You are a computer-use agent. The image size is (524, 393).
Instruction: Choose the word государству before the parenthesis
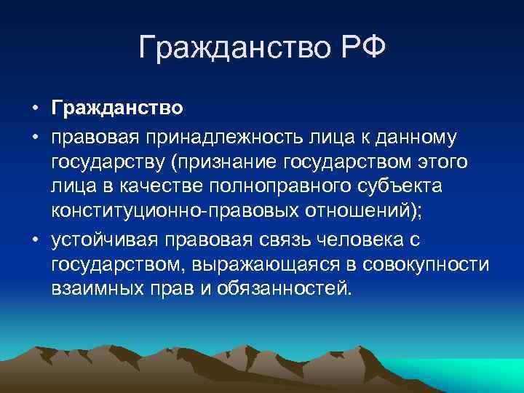click(x=119, y=161)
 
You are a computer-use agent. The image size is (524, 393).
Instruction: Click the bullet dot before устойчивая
click(x=34, y=237)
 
